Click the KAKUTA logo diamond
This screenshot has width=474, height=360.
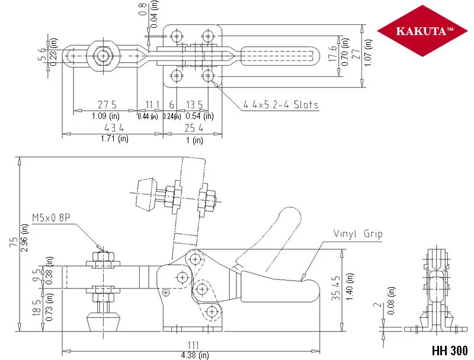(422, 31)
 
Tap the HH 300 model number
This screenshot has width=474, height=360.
(450, 351)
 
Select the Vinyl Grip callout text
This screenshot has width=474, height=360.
(358, 234)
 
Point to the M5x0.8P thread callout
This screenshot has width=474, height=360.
(51, 218)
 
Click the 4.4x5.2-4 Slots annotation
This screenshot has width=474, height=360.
(281, 104)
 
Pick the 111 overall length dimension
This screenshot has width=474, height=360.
(193, 345)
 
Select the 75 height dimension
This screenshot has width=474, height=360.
(14, 242)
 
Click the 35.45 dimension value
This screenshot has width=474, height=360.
(335, 288)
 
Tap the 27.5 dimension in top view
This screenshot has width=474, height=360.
(107, 104)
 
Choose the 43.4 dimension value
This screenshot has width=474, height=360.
(114, 127)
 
